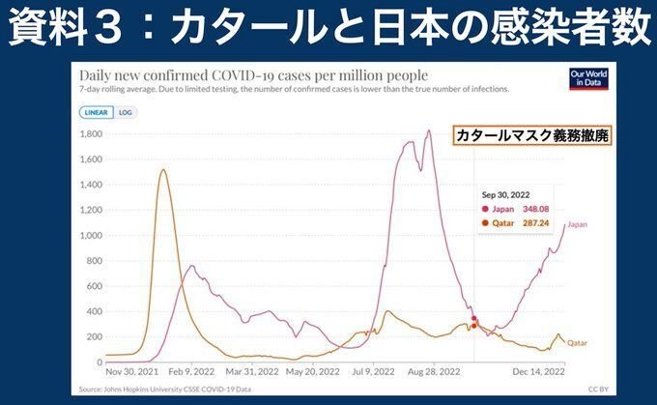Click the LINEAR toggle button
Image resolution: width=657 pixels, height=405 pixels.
95,112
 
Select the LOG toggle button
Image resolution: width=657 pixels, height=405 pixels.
125,112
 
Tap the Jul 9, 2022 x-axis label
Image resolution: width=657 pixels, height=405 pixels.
374,371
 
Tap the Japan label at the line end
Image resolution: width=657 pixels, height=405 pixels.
577,225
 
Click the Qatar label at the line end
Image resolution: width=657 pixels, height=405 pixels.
577,343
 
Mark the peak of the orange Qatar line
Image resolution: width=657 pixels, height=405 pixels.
162,170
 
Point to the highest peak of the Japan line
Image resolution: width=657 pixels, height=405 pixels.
429,130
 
